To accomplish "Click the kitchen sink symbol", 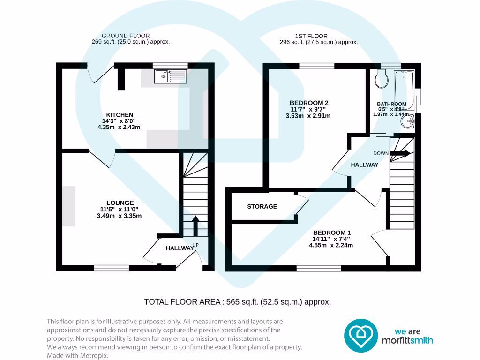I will tap(170, 75).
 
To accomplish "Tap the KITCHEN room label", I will tap(120, 115).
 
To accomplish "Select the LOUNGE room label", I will tap(120, 203).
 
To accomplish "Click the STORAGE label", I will tap(262, 206).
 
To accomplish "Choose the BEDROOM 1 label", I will tap(332, 232).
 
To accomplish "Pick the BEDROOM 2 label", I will tap(309, 103).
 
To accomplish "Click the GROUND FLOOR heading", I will tap(126, 36).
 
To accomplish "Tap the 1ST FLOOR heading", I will tap(311, 36).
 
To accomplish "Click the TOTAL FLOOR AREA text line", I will tap(238, 302).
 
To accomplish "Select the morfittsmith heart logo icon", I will tap(361, 336).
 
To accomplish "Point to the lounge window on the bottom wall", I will tap(112, 268).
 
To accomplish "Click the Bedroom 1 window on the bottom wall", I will tap(319, 268).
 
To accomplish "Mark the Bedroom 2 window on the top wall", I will tap(317, 66).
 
